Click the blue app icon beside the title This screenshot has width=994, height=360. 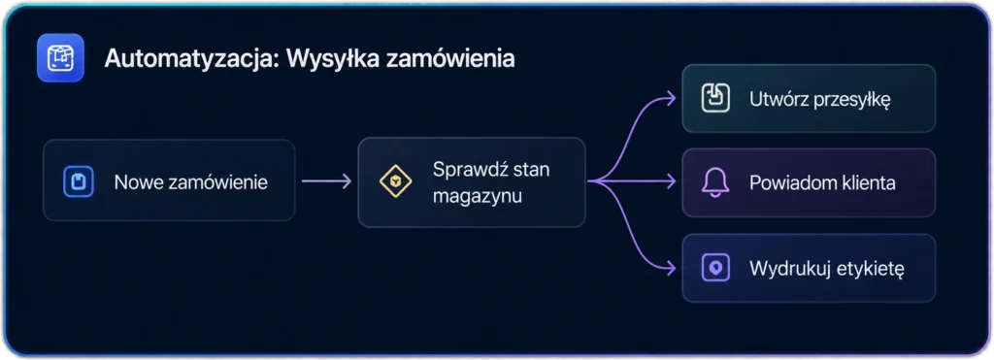[60, 57]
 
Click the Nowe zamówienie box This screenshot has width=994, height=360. [169, 180]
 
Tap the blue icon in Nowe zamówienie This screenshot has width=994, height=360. [79, 181]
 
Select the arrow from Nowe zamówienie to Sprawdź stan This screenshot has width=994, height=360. [326, 181]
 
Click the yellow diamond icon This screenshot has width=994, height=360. [396, 181]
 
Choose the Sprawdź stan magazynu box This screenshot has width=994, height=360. [472, 181]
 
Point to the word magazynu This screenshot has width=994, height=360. [478, 196]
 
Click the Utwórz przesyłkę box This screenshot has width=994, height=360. [809, 98]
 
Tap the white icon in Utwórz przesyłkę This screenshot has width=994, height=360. [715, 98]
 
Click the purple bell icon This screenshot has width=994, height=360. [715, 182]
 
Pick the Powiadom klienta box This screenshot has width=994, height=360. [809, 182]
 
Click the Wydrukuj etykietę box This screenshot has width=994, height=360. [809, 268]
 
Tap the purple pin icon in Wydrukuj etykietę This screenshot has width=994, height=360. [715, 268]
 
